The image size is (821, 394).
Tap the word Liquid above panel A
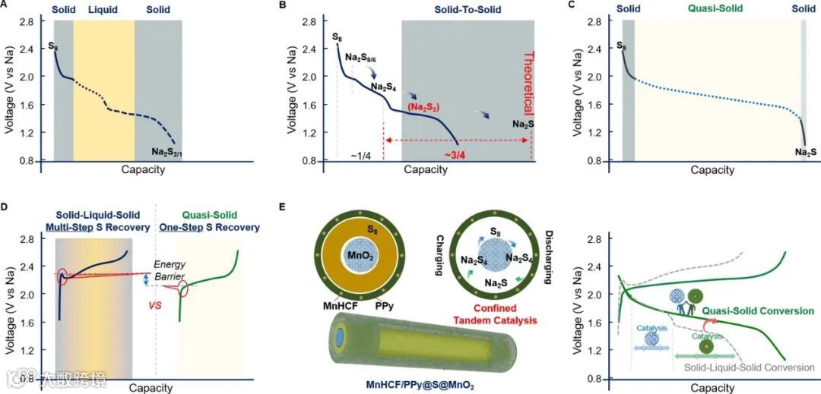[103, 11]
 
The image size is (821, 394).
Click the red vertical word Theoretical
[530, 83]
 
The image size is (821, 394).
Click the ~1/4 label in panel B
[362, 155]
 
